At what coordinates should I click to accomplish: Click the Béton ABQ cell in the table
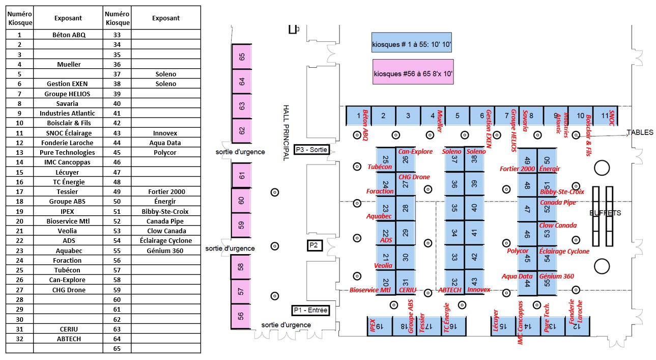tap(68, 35)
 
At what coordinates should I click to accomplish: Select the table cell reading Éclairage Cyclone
tap(166, 240)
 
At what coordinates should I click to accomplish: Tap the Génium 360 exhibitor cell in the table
tap(166, 251)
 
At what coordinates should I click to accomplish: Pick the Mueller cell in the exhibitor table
tap(68, 64)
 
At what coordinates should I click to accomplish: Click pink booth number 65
tap(242, 57)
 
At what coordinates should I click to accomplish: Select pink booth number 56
tap(241, 316)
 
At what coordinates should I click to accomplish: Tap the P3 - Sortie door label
tap(311, 150)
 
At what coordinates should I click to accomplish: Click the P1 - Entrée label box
tap(310, 310)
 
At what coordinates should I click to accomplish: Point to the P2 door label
tap(315, 245)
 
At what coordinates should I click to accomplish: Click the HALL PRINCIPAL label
tap(286, 133)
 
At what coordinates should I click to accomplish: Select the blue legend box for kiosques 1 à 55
tap(412, 42)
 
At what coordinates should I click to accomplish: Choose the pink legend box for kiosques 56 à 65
tap(413, 72)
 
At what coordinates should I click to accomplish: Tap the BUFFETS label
tap(605, 213)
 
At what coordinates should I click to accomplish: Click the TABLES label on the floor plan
tap(640, 132)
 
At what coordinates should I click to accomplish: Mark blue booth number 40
tap(474, 208)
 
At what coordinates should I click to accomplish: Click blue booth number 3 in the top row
tap(408, 116)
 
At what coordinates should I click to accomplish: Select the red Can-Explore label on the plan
tap(415, 151)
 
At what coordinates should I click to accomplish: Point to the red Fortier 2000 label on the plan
tap(517, 169)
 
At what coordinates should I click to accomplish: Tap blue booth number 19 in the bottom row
tap(380, 326)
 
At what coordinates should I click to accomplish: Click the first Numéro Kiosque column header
tap(20, 18)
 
